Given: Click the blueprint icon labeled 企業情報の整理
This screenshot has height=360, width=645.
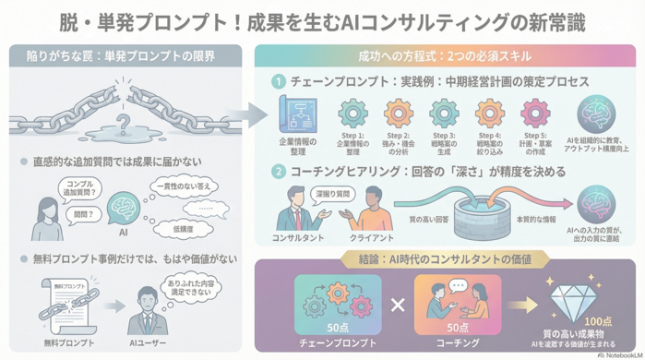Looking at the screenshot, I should click(298, 114).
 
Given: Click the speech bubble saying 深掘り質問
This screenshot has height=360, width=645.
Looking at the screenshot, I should click(333, 195).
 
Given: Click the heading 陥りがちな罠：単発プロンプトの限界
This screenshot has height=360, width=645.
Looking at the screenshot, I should click(122, 57).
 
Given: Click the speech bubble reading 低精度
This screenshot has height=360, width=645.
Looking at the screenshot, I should click(185, 227).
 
